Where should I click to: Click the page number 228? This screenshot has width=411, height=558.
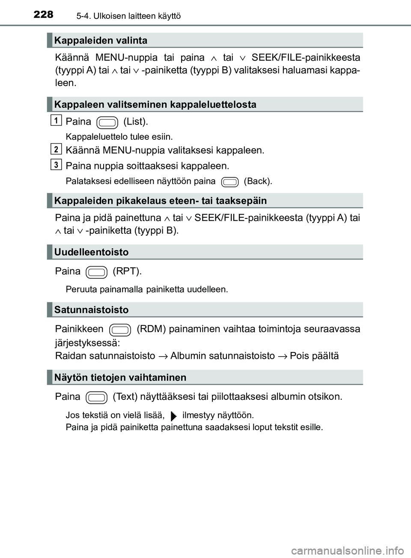(43, 15)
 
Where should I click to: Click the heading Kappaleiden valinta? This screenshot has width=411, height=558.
(101, 41)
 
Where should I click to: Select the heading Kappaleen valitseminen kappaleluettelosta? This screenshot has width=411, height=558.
(155, 105)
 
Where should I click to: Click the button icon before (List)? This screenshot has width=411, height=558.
(107, 123)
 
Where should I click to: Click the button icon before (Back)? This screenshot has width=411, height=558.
(230, 182)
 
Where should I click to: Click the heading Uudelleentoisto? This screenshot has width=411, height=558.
(92, 252)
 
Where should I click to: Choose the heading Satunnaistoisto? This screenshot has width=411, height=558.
(92, 310)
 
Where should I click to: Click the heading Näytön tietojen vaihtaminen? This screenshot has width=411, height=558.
(120, 378)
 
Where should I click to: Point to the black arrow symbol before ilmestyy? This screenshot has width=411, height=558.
(173, 416)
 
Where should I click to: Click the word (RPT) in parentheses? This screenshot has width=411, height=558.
(127, 272)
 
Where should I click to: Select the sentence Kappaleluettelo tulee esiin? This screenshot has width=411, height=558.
(119, 137)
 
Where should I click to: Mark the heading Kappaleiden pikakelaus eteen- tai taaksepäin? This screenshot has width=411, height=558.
(161, 201)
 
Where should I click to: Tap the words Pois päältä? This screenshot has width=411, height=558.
(314, 356)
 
